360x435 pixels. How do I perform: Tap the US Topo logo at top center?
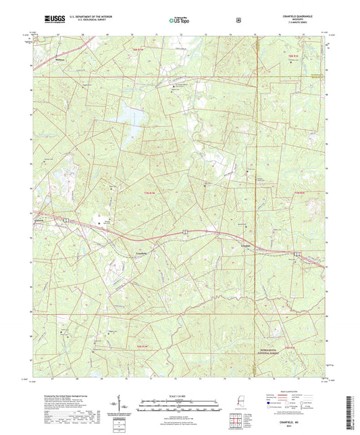click(x=179, y=20)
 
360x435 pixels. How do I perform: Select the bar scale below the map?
click(x=179, y=407)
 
